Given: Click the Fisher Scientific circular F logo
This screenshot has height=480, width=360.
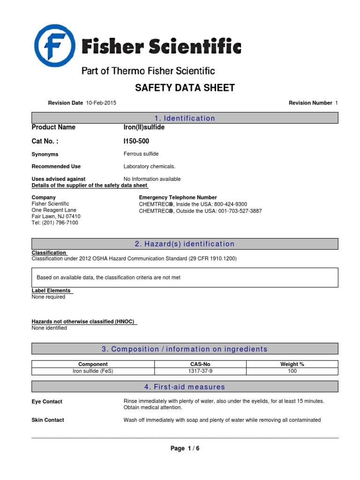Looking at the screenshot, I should pyautogui.click(x=54, y=45).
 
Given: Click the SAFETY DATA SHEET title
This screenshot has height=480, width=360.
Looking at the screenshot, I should pyautogui.click(x=185, y=88).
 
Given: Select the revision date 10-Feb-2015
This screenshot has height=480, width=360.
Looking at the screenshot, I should pyautogui.click(x=101, y=103).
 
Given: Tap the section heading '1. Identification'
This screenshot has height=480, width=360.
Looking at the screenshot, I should pyautogui.click(x=185, y=119).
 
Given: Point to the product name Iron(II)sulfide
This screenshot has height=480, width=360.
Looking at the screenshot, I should pyautogui.click(x=144, y=127).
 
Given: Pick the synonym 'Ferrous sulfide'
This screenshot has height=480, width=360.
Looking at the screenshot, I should pyautogui.click(x=141, y=154).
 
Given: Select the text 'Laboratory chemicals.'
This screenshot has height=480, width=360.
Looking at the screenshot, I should pyautogui.click(x=149, y=166).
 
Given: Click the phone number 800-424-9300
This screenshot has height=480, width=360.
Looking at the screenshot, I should pyautogui.click(x=231, y=204).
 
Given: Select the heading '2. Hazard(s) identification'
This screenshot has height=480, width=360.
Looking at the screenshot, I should pyautogui.click(x=185, y=244).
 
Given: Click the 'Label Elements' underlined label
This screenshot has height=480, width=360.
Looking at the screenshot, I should pyautogui.click(x=51, y=291).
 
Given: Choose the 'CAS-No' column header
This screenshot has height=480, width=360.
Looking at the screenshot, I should pyautogui.click(x=200, y=364).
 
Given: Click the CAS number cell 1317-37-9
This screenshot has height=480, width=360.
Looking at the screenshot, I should pyautogui.click(x=200, y=371).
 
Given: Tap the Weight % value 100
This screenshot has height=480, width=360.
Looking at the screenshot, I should pyautogui.click(x=292, y=371).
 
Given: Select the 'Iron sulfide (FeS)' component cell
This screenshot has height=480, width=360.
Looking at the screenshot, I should pyautogui.click(x=93, y=371).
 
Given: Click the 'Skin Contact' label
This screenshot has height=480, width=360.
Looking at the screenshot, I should pyautogui.click(x=48, y=420).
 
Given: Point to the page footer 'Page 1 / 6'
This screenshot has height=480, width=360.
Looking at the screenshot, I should pyautogui.click(x=185, y=449).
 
